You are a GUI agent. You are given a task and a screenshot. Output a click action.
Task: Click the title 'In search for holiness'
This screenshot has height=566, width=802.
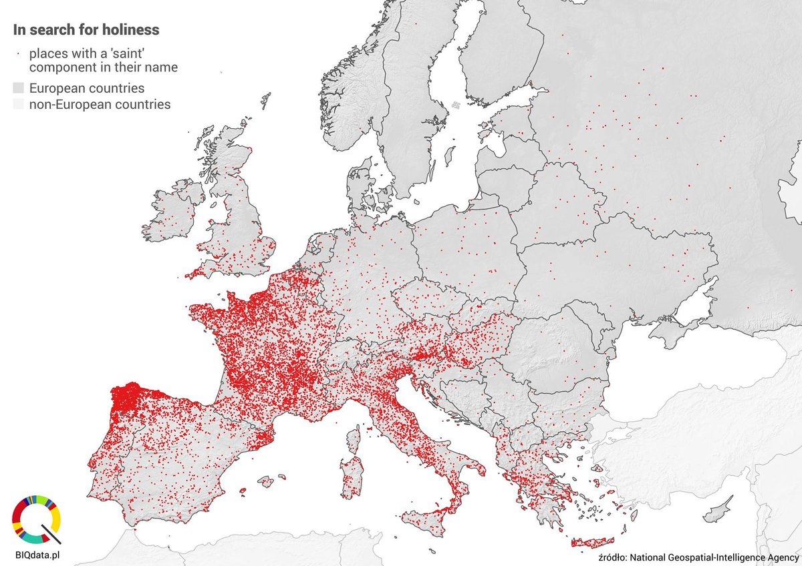(86, 30)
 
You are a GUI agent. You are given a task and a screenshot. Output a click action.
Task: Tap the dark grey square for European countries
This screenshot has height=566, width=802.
(18, 88)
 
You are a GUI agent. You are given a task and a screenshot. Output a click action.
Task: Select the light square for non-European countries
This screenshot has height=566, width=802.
(18, 105)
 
